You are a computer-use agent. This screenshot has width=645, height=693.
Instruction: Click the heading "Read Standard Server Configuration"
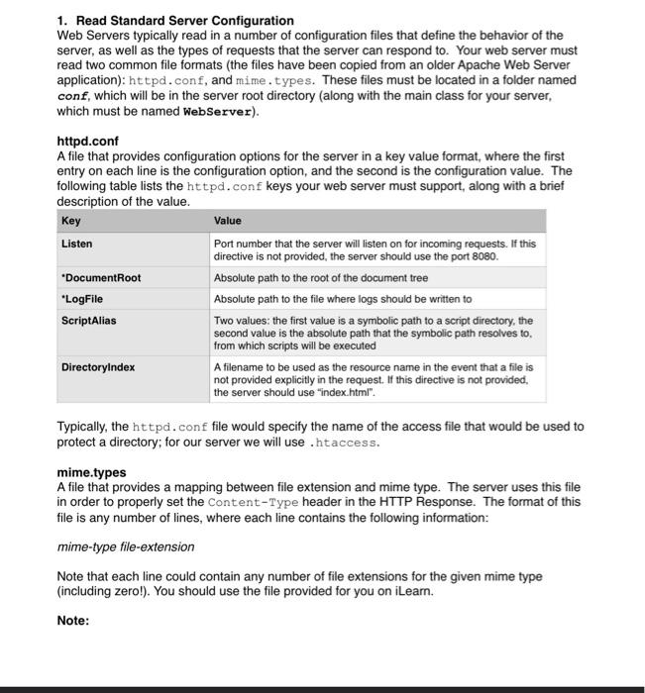point(184,20)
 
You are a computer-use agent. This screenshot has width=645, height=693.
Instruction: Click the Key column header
point(71,221)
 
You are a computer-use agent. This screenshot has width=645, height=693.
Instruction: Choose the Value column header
point(228,221)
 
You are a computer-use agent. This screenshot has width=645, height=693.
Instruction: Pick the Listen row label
point(76,243)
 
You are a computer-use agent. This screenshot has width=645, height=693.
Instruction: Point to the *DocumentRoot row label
point(101,278)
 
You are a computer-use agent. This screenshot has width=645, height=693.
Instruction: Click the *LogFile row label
point(82,298)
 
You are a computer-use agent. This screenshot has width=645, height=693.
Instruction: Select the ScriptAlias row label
point(88,320)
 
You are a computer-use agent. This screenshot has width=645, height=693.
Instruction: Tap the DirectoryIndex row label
point(98,366)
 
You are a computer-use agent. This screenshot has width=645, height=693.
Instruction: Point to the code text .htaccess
point(344,443)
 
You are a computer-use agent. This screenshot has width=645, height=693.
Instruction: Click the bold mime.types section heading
point(91,473)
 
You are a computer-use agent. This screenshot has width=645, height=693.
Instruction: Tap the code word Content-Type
point(248,503)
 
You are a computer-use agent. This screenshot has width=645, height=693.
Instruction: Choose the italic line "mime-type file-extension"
point(126,546)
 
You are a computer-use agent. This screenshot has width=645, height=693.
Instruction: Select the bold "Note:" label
point(73,621)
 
